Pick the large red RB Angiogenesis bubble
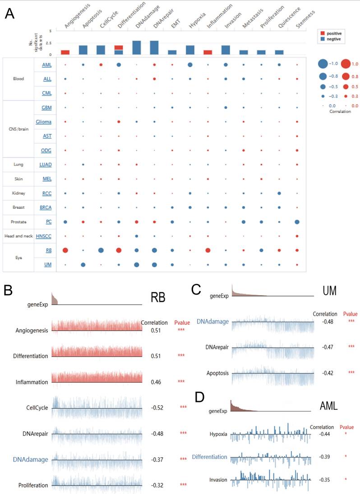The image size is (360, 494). pyautogui.click(x=65, y=250)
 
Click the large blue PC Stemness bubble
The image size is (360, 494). pyautogui.click(x=297, y=222)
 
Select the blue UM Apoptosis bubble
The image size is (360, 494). pyautogui.click(x=83, y=264)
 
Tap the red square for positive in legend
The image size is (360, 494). pyautogui.click(x=322, y=33)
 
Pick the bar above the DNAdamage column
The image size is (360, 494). pyautogui.click(x=136, y=47)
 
